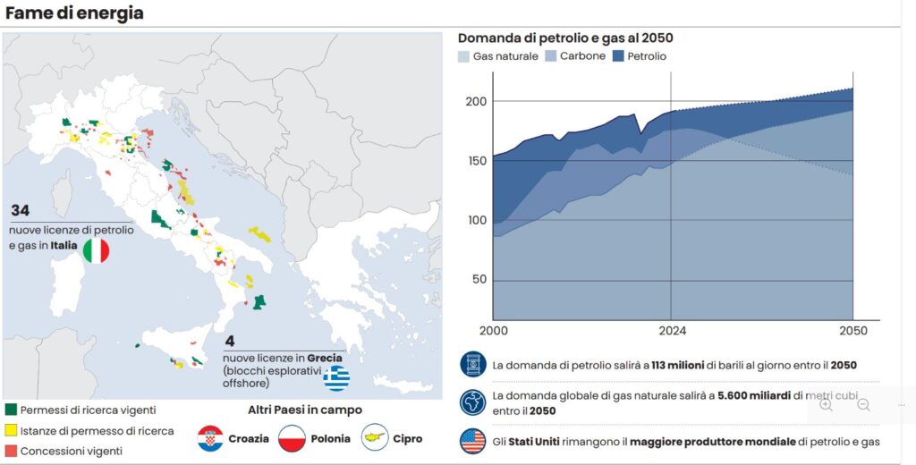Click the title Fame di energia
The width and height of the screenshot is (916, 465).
[x=74, y=13]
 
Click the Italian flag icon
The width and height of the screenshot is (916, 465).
[x=96, y=250]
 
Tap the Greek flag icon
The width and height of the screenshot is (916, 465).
[x=336, y=378]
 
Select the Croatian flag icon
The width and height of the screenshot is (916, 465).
[x=209, y=438]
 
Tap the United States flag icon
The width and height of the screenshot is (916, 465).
[x=471, y=441]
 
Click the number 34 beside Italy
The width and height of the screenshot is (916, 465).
[x=21, y=211]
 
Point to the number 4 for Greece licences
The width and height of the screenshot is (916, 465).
[x=230, y=341]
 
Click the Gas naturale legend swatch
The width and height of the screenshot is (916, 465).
[x=463, y=56]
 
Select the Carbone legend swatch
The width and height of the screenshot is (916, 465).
[x=551, y=56]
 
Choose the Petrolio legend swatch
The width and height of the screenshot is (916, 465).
[x=618, y=56]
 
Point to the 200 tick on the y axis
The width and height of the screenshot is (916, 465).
[x=476, y=101]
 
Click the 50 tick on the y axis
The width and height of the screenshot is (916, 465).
[x=479, y=279]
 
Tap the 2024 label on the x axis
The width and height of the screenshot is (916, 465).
[x=671, y=331]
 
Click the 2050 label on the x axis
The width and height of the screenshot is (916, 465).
[x=853, y=331]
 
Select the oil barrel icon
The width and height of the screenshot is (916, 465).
[x=471, y=364]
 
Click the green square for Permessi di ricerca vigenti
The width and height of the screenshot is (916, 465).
[x=12, y=410]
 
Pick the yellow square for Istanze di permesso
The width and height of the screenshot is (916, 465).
[x=12, y=430]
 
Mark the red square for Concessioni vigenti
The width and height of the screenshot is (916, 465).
[x=12, y=450]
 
